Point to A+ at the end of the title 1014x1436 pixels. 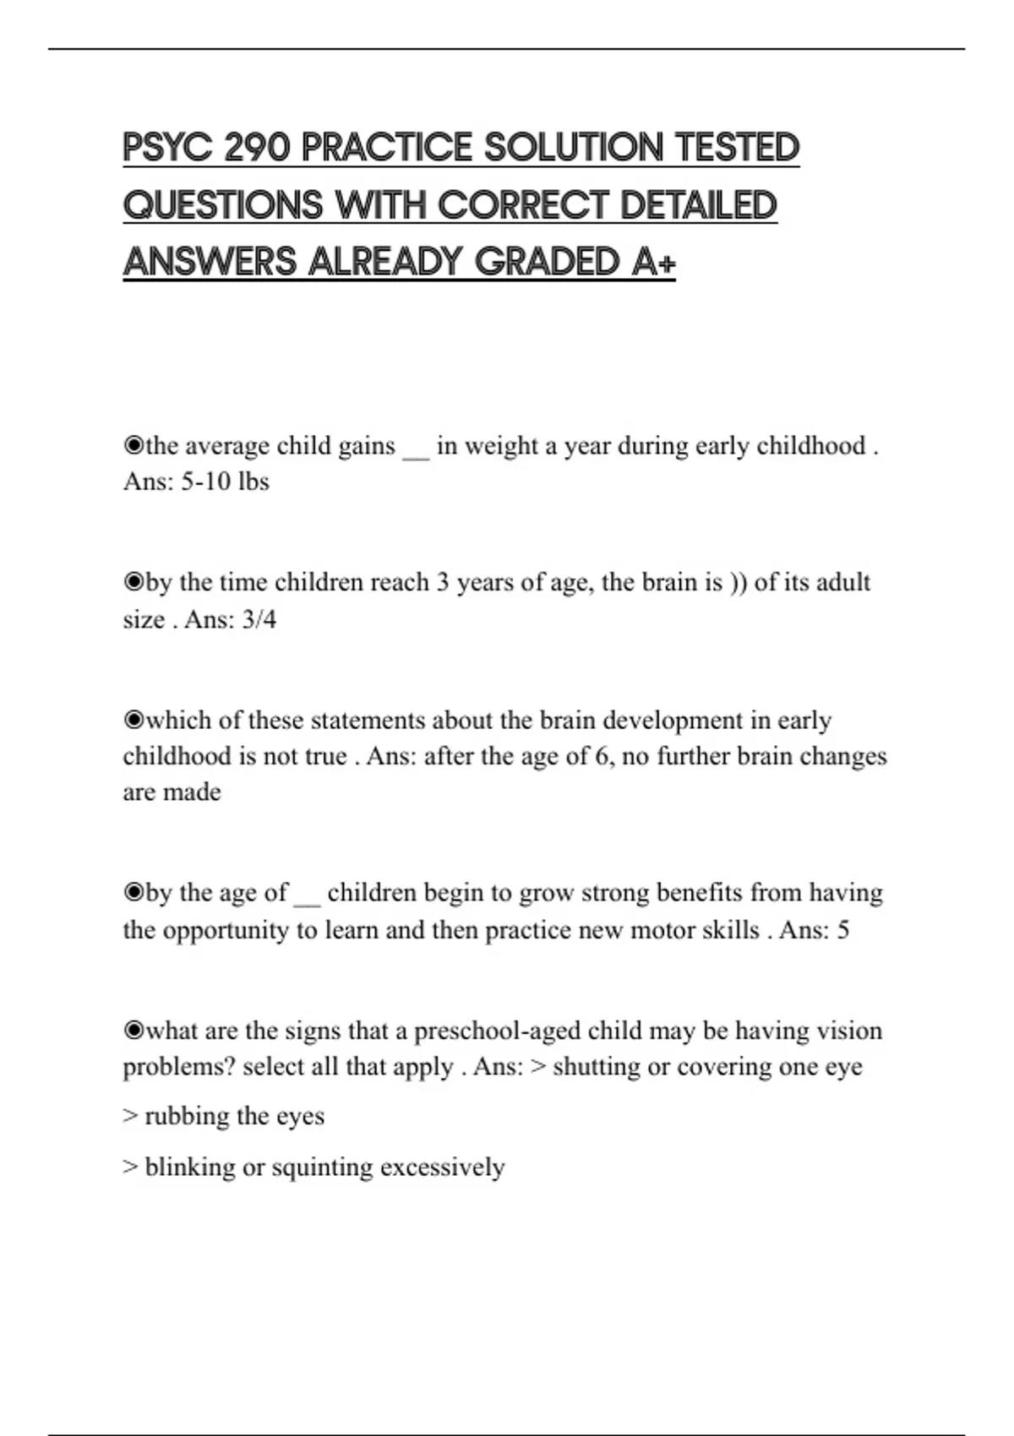click(653, 262)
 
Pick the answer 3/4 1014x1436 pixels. click(259, 620)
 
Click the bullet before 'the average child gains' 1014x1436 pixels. click(133, 445)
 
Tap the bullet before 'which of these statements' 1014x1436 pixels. click(133, 720)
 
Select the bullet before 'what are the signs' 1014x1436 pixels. click(133, 1031)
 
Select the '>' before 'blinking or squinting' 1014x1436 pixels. click(130, 1167)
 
